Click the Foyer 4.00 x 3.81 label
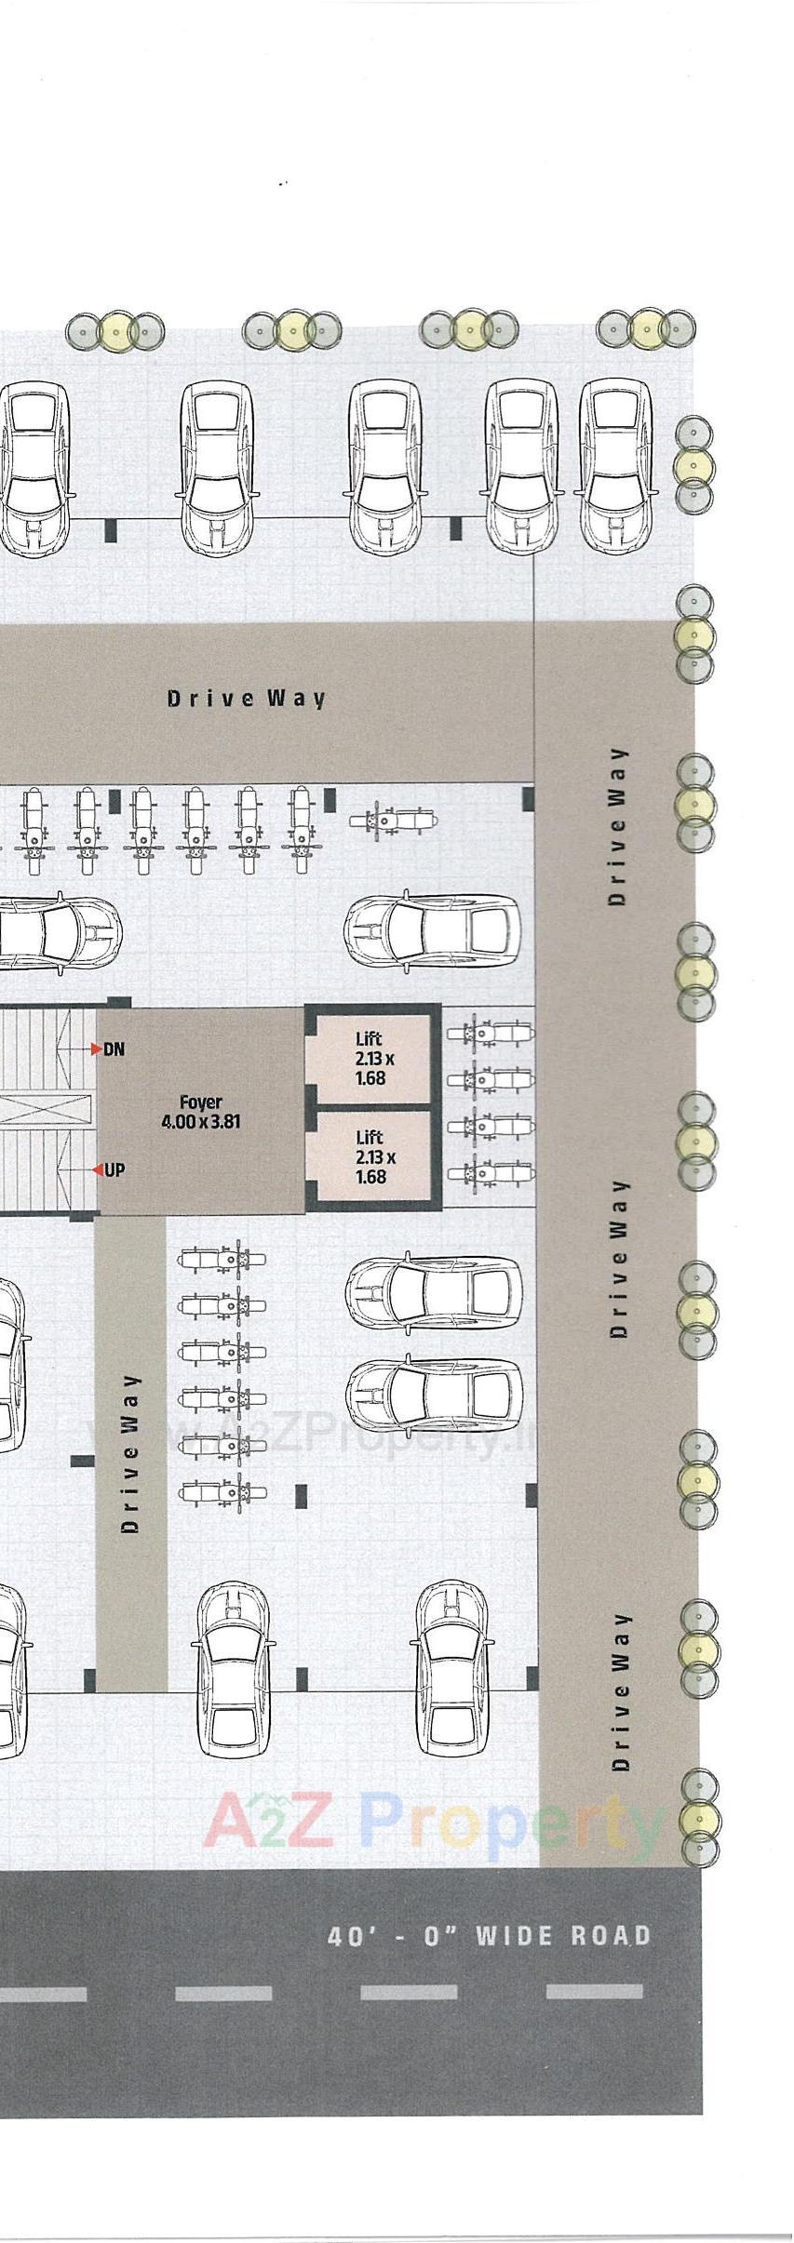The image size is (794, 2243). tap(200, 1112)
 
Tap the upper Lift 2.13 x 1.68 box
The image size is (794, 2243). tap(370, 1059)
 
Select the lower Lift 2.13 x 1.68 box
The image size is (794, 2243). tap(370, 1156)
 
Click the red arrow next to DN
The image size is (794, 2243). tap(96, 1049)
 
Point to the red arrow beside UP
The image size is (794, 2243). tap(97, 1170)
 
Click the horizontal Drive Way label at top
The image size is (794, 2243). tap(247, 698)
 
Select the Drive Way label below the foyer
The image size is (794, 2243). tap(131, 1453)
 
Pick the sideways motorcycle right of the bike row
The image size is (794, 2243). tap(392, 821)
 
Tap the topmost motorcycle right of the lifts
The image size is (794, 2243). tap(491, 1033)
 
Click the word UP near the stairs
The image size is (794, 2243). tap(114, 1170)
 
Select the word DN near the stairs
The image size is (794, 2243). tap(114, 1049)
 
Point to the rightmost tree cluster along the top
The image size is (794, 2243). tap(646, 328)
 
